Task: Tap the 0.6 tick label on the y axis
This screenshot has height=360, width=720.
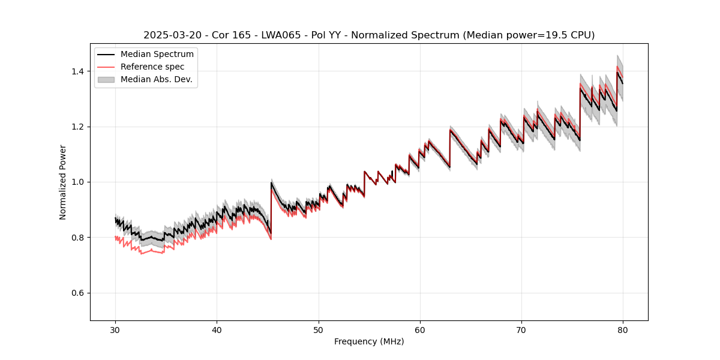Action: click(x=78, y=293)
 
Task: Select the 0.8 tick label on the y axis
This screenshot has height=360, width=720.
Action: click(x=78, y=238)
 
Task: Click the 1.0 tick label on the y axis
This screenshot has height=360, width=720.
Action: click(x=78, y=182)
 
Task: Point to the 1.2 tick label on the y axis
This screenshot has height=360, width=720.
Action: click(x=78, y=127)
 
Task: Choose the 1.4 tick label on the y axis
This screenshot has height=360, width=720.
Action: click(x=78, y=71)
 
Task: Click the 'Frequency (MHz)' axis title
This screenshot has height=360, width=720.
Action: click(x=369, y=341)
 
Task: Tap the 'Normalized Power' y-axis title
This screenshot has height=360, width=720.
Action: click(x=63, y=182)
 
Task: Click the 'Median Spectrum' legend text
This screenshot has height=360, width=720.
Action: click(x=157, y=55)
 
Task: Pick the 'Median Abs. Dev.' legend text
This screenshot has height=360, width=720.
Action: click(x=157, y=79)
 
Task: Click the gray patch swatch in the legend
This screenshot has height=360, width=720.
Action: click(x=106, y=79)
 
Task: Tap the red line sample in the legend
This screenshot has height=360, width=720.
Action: click(x=106, y=67)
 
